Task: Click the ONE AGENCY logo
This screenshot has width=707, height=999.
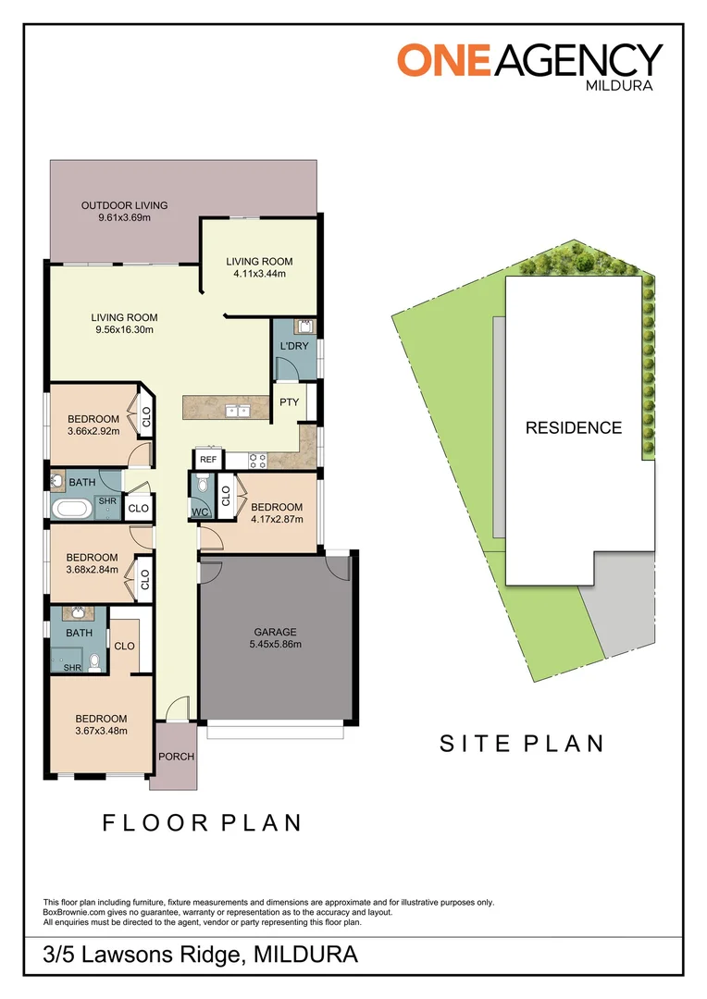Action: click(x=530, y=60)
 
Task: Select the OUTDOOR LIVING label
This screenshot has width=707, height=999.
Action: click(x=124, y=205)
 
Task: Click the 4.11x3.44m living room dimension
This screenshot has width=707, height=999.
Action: click(x=259, y=274)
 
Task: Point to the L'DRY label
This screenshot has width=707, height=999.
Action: click(x=293, y=346)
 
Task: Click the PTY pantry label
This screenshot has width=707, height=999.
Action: click(x=289, y=401)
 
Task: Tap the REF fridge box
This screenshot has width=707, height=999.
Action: click(x=207, y=460)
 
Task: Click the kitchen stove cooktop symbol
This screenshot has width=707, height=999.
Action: click(x=258, y=460)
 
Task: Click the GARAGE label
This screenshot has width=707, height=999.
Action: click(x=276, y=633)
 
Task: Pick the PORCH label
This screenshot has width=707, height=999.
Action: click(x=176, y=757)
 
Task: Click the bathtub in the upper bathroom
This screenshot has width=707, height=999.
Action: click(x=68, y=508)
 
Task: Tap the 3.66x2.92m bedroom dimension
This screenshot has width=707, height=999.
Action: click(x=93, y=431)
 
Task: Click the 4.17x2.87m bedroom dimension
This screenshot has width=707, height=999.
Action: click(x=277, y=519)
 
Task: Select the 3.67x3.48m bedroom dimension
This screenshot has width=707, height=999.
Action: click(x=101, y=731)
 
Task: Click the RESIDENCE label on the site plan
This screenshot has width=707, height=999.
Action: click(x=574, y=428)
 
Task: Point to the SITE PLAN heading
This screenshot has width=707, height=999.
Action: click(x=521, y=743)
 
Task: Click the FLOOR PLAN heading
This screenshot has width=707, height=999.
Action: click(x=202, y=822)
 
